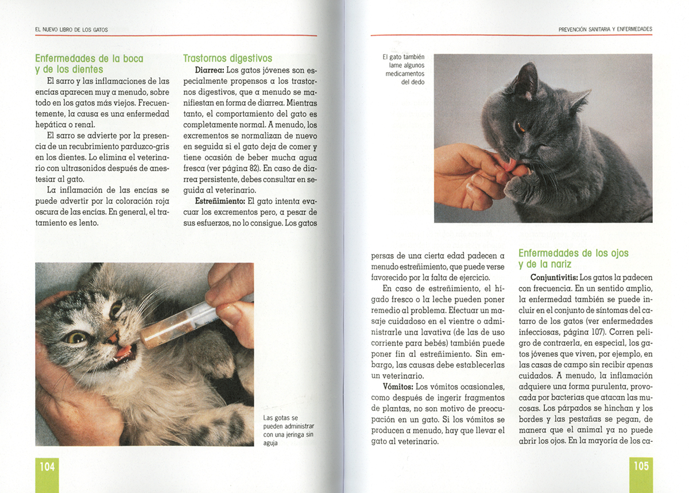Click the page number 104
pos(47,467)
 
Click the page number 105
pos(641,466)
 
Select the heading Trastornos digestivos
pos(227,58)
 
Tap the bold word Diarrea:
pos(210,70)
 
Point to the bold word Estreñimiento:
pos(220,201)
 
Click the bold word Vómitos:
pos(398,387)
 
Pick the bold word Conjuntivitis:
pos(554,278)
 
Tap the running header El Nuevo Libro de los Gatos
pos(71,30)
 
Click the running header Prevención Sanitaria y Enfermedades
pos(605,29)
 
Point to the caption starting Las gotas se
pos(288,430)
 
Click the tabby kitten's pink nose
pos(113,338)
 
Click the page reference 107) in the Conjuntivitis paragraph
pos(598,332)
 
